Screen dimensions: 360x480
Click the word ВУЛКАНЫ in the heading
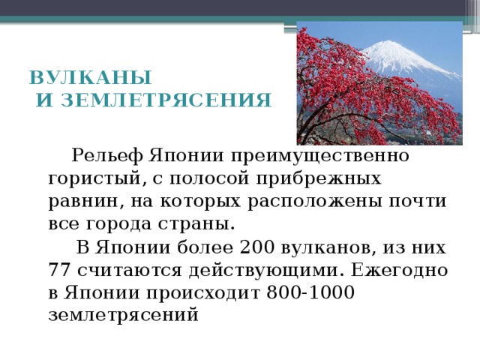(90, 78)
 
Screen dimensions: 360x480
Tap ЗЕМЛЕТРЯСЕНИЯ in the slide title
(165, 99)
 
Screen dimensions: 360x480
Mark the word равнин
(80, 202)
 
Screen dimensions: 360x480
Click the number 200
(256, 247)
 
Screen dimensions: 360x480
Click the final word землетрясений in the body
(122, 315)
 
